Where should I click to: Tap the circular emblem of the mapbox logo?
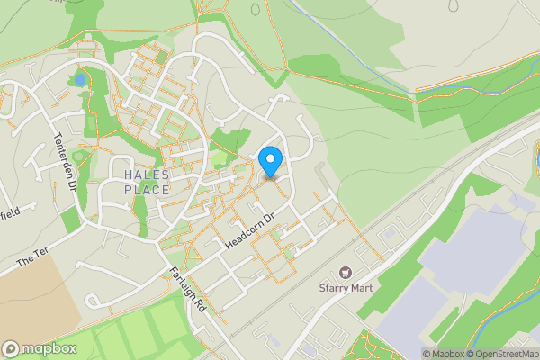coord(11,349)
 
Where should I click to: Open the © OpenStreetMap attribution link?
coord(503,354)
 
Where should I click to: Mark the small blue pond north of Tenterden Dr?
coord(81,79)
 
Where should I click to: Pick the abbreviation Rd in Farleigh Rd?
coord(200,305)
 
